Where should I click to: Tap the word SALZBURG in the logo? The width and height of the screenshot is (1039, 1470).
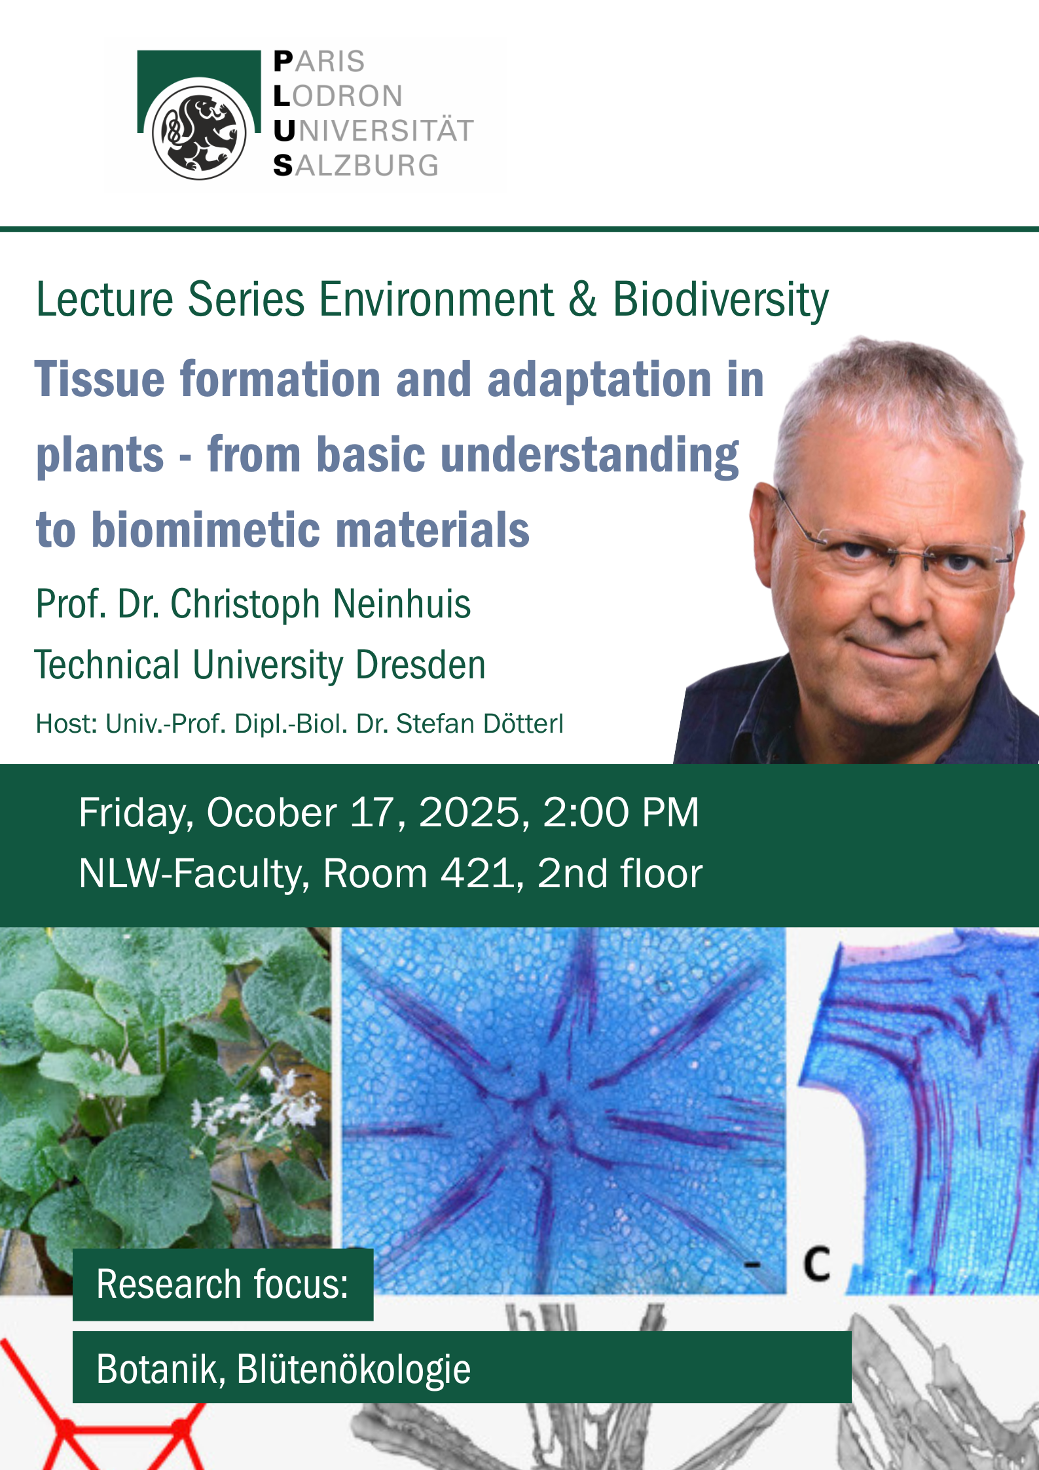356,166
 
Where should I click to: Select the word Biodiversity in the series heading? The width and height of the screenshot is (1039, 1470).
720,300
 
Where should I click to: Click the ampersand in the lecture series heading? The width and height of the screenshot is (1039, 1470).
582,299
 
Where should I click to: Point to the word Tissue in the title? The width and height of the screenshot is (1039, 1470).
100,379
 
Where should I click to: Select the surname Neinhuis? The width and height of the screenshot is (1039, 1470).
401,604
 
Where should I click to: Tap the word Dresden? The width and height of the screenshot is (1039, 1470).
420,665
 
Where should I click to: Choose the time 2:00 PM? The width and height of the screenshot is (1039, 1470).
621,813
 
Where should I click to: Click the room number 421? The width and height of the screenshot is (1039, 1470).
477,873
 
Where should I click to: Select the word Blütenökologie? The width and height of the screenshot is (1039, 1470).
354,1369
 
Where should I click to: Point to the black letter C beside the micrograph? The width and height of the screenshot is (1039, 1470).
817,1264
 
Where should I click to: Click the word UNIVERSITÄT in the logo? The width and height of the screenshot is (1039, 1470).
373,131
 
